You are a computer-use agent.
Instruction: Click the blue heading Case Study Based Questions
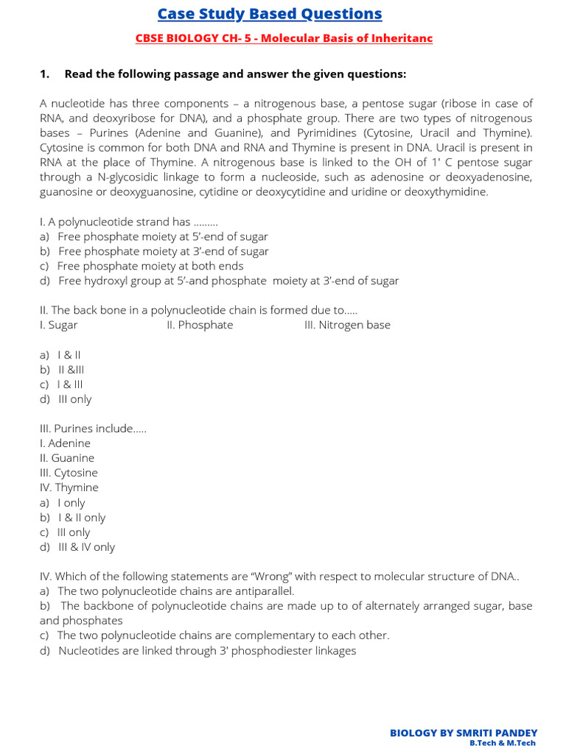pos(270,14)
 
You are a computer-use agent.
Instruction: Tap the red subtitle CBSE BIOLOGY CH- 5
pos(284,38)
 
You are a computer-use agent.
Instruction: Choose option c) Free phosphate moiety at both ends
pos(150,266)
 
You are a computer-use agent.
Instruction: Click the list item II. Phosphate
pos(200,325)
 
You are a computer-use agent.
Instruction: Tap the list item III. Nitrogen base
pos(347,325)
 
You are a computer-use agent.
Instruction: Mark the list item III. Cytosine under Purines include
pos(69,473)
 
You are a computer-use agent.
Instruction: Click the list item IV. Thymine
pos(69,487)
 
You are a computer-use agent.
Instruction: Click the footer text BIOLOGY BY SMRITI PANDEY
pos(463,733)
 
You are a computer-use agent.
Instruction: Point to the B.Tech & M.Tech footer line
pos(503,744)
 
